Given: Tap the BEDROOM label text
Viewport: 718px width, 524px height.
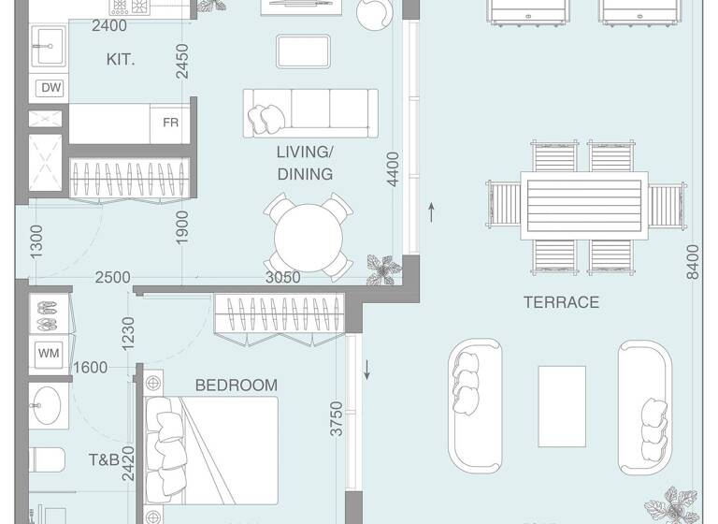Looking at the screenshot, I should (237, 385).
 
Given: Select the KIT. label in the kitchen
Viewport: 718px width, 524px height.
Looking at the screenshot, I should (121, 59).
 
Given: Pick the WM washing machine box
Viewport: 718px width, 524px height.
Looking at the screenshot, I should (48, 354).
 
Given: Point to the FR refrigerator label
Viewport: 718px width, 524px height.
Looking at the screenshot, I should (171, 123).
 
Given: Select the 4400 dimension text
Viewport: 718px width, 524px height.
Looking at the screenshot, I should (393, 170).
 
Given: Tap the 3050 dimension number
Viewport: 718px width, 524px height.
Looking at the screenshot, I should (282, 277).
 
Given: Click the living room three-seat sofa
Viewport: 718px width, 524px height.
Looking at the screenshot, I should (310, 112).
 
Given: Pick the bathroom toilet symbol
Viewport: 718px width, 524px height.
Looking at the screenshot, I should (47, 459).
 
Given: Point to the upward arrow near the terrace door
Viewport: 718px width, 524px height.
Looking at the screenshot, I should (432, 211).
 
